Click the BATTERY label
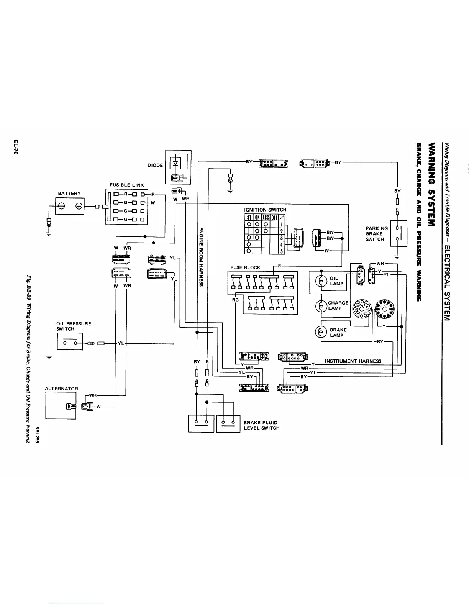pyautogui.click(x=69, y=193)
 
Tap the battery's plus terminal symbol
pyautogui.click(x=79, y=207)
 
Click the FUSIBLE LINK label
pyautogui.click(x=127, y=185)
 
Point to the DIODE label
pyautogui.click(x=155, y=166)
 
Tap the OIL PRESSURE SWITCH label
pyautogui.click(x=74, y=326)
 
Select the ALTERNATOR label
pyautogui.click(x=61, y=389)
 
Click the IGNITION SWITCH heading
pyautogui.click(x=265, y=210)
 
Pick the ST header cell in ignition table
pyautogui.click(x=249, y=217)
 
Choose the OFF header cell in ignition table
pyautogui.click(x=274, y=217)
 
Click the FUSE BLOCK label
pyautogui.click(x=245, y=267)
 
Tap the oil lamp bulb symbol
pyautogui.click(x=321, y=281)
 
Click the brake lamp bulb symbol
pyautogui.click(x=321, y=332)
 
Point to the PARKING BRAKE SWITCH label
pyautogui.click(x=377, y=234)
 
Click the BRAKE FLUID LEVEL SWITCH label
pyautogui.click(x=262, y=425)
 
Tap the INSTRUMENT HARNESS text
pyautogui.click(x=353, y=361)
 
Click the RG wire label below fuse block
pyautogui.click(x=235, y=300)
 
